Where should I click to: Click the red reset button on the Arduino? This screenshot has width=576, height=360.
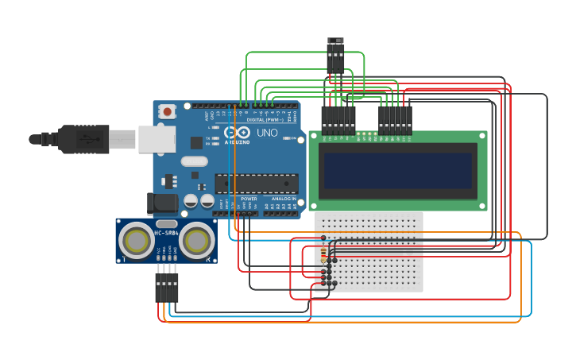[168, 113]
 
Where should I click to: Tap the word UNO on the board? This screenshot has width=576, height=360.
[267, 133]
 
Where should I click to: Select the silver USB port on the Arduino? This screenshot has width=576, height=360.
[157, 139]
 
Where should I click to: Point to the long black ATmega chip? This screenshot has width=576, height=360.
[257, 184]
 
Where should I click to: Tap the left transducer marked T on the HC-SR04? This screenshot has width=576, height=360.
[138, 239]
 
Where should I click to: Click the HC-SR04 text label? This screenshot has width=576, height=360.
[166, 232]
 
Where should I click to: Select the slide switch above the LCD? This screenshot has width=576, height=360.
[336, 41]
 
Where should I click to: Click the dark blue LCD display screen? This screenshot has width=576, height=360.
[397, 170]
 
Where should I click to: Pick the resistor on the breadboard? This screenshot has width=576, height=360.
[323, 253]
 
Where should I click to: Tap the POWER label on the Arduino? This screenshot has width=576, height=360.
[249, 199]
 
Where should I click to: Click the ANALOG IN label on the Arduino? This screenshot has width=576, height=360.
[283, 199]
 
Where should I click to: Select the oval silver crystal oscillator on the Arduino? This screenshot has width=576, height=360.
[194, 161]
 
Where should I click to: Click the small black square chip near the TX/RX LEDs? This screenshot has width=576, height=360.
[196, 142]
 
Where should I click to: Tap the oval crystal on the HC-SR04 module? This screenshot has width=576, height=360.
[167, 224]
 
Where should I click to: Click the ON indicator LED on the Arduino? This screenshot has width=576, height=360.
[292, 138]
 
